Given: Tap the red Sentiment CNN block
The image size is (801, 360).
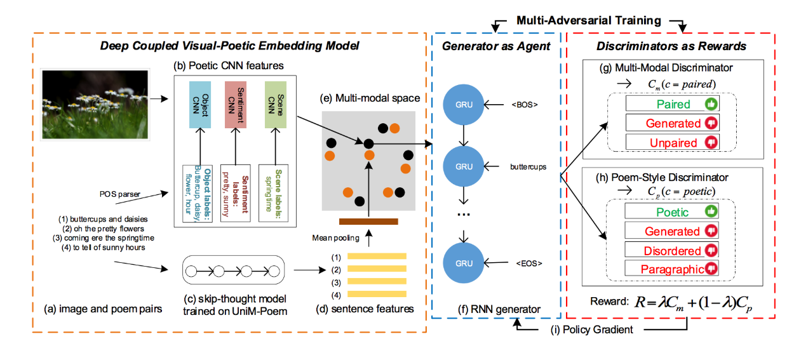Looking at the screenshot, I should pyautogui.click(x=236, y=104).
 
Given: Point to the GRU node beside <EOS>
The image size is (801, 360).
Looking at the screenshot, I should pyautogui.click(x=465, y=262).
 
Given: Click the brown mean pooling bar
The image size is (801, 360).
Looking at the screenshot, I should pyautogui.click(x=368, y=222).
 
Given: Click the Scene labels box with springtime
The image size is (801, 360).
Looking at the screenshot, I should pyautogui.click(x=273, y=193).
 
